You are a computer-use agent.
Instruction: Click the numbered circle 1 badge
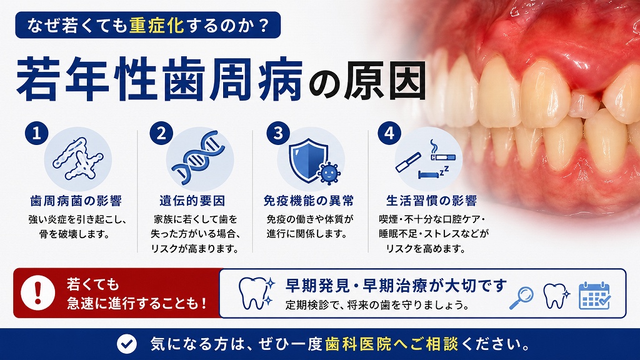coord(37,133)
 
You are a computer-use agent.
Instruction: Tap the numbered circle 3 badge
coord(278,133)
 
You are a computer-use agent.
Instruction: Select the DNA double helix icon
coord(199,157)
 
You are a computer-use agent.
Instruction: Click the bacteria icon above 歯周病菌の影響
coord(77,159)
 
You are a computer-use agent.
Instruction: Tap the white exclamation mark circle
coord(38,292)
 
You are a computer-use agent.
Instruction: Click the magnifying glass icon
coord(522,298)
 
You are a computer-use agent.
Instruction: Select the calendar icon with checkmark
coord(595,296)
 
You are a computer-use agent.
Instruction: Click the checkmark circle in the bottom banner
coord(126,344)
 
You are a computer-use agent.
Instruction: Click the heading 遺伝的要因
coord(192,201)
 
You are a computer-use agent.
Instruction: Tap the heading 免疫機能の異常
coord(309,201)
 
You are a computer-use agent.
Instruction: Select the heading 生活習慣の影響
coord(431,201)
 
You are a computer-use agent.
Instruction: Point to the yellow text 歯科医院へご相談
coord(392,344)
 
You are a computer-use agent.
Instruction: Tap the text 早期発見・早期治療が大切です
coord(396,286)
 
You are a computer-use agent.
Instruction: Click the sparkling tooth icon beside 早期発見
coord(256,293)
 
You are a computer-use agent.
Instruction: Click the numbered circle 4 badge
coord(389,133)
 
